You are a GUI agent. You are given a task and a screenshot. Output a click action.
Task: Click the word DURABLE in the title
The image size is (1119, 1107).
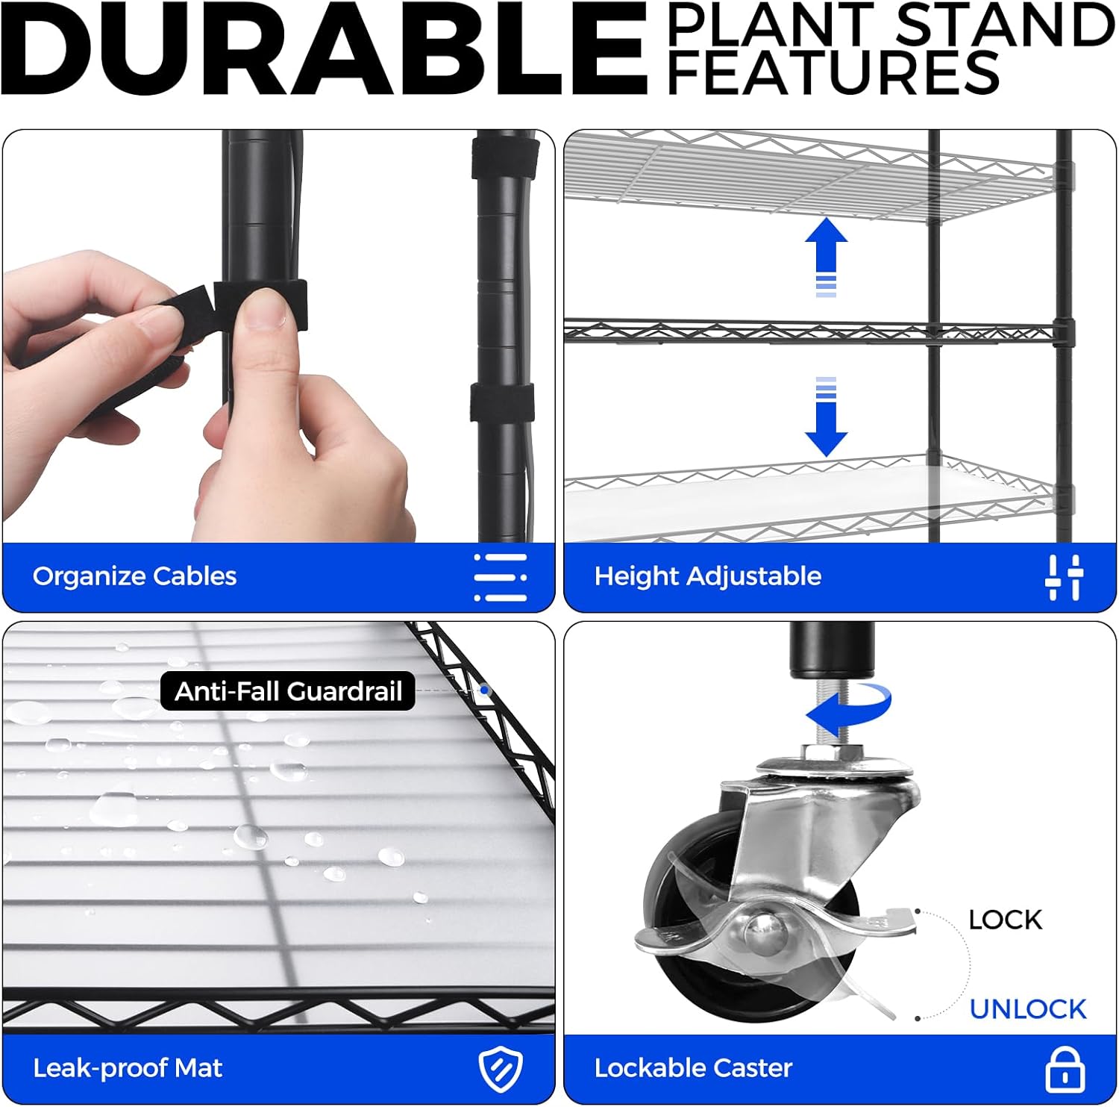pos(324,49)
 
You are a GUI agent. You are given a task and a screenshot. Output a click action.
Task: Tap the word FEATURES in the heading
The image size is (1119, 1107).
pos(833,72)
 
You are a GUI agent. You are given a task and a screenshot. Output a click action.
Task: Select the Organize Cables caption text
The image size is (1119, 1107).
pos(134,576)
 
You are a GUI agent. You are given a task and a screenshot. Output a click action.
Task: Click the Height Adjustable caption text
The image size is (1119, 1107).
pos(707,576)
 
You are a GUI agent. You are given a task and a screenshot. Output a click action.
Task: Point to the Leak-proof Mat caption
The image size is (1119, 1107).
pos(128,1068)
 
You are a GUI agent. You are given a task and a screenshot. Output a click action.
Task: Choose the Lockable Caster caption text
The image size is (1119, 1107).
pos(693,1068)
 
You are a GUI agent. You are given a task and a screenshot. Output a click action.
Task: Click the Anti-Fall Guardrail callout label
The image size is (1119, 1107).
pos(288,691)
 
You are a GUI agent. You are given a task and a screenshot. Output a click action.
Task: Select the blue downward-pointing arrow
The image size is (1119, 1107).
pos(826,417)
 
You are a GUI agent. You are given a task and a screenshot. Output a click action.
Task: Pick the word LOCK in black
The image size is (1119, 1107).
pos(1005,920)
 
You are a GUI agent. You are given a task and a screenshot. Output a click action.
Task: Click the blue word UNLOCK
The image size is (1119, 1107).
pos(1027,1009)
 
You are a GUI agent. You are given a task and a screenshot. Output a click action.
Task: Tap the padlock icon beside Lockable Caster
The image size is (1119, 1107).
pos(1065,1069)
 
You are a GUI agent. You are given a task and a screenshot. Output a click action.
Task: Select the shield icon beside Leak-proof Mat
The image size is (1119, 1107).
pos(500,1069)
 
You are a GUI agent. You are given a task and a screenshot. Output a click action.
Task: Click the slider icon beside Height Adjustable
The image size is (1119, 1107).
pos(1064,577)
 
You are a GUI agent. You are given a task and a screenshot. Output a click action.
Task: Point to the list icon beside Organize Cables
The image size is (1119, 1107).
pos(501,577)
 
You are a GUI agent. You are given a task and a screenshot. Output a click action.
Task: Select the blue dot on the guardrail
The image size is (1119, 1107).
pos(485,691)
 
